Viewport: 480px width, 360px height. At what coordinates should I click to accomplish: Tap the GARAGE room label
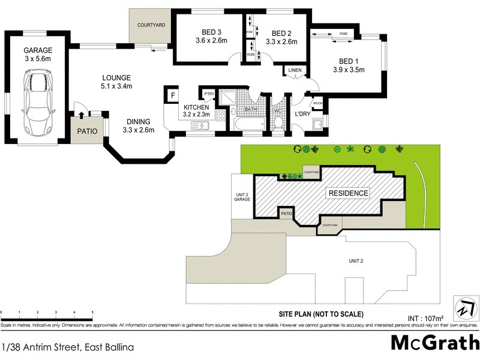(x=38, y=50)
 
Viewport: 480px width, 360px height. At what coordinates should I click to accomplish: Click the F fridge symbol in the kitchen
(x=173, y=95)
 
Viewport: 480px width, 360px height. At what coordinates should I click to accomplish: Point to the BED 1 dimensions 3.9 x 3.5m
(x=349, y=70)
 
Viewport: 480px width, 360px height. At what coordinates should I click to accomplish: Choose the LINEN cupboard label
(x=294, y=71)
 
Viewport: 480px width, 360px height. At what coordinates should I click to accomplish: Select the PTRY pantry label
(x=209, y=94)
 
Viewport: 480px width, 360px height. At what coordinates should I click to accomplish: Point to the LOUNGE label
(x=116, y=77)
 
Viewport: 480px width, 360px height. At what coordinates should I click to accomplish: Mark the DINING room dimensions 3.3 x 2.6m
(x=139, y=130)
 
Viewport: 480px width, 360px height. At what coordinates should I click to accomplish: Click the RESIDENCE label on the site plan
(x=348, y=193)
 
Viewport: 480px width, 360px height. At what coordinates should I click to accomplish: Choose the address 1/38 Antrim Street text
(x=67, y=347)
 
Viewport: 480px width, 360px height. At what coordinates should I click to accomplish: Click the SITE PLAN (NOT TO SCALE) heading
(x=321, y=314)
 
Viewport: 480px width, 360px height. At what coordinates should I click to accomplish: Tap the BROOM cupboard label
(x=317, y=104)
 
